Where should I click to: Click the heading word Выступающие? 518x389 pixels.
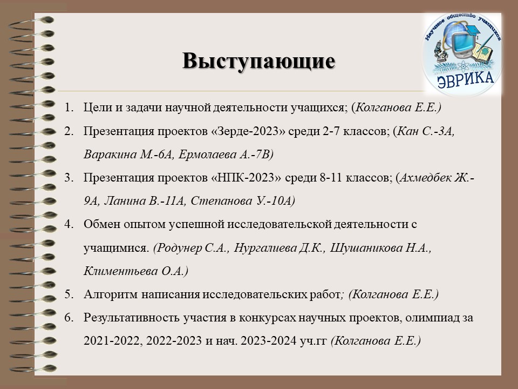point(258,62)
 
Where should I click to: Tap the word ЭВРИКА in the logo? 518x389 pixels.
point(466,79)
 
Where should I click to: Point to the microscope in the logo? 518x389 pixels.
point(440,51)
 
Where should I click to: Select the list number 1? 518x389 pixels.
point(69,108)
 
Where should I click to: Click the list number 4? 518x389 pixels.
point(69,224)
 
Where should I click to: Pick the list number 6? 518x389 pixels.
point(69,318)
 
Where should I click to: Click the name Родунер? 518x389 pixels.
point(179,248)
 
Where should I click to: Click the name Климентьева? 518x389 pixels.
point(121,271)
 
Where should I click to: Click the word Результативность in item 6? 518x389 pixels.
point(132,318)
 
